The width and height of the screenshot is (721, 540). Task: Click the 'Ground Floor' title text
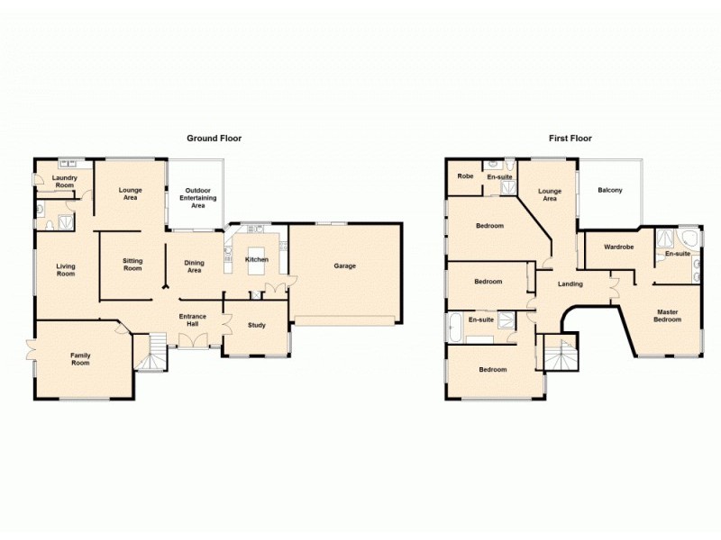coord(214,139)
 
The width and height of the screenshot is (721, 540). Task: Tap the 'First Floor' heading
coord(570,139)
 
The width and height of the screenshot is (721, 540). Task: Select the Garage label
coord(345,265)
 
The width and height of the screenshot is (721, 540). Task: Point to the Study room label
coord(256,325)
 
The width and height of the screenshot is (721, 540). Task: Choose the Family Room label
coord(81,359)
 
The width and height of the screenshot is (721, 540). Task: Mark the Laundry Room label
coord(64,181)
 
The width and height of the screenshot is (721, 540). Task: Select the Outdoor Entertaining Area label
coord(197,198)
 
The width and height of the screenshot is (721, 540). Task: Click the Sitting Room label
coord(132,264)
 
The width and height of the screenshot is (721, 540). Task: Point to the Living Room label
coord(66,269)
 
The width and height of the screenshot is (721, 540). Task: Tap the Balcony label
coord(610,190)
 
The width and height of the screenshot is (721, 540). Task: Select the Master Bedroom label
coord(667,316)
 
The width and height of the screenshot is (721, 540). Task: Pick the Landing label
coord(570,284)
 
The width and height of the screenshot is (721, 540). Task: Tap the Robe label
coord(465,176)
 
